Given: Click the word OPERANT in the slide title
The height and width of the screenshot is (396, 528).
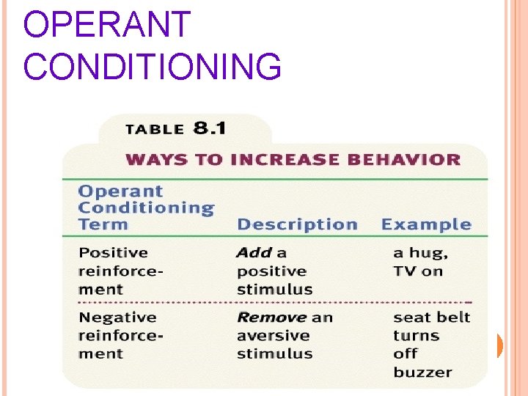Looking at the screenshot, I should (107, 25).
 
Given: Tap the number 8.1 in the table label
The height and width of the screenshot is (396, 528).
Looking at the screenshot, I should (210, 129).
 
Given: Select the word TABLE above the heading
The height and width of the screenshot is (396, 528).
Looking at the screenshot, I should (155, 130).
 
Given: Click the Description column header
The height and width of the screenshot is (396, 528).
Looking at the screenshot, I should (297, 224).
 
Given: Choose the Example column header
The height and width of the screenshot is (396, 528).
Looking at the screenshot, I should (426, 224).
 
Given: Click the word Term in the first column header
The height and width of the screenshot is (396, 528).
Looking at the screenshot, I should (103, 224).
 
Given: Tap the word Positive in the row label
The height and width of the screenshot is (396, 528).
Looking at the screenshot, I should (113, 253).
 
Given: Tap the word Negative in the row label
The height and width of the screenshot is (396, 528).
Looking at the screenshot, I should (117, 318).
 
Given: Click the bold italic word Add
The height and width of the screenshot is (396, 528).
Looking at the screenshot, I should (254, 253).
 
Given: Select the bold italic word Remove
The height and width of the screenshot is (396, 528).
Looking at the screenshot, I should (271, 318).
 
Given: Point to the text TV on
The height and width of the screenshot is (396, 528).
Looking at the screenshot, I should (418, 271).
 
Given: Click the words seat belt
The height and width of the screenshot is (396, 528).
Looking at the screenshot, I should (431, 318).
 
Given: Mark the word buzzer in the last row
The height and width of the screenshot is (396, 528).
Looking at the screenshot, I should (422, 372).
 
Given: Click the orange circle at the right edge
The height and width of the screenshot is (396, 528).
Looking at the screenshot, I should (499, 345).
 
